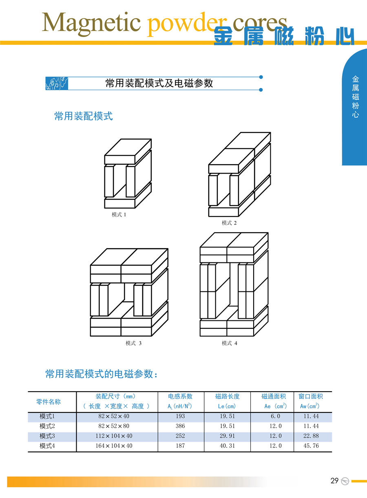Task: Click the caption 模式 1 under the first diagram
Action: pos(119,214)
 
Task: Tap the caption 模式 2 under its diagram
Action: pos(229,223)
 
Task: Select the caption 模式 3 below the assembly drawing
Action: pos(133,343)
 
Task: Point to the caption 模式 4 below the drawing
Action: pos(229,343)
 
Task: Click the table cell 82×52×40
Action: pos(114,416)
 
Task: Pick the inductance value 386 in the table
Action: pos(180,426)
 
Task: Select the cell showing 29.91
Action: pos(227,436)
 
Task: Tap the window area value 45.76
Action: pos(311,445)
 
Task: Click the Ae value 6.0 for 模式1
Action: pos(275,416)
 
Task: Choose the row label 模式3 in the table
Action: pos(47,436)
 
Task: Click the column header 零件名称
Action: pos(49,402)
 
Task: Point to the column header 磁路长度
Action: pos(227,396)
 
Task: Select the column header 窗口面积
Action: pos(311,396)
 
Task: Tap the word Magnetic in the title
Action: pos(91,23)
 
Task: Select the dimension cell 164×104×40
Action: pos(114,445)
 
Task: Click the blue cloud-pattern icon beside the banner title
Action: pos(57,84)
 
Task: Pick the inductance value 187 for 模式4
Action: pos(180,445)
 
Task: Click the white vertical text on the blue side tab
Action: pos(356,97)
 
